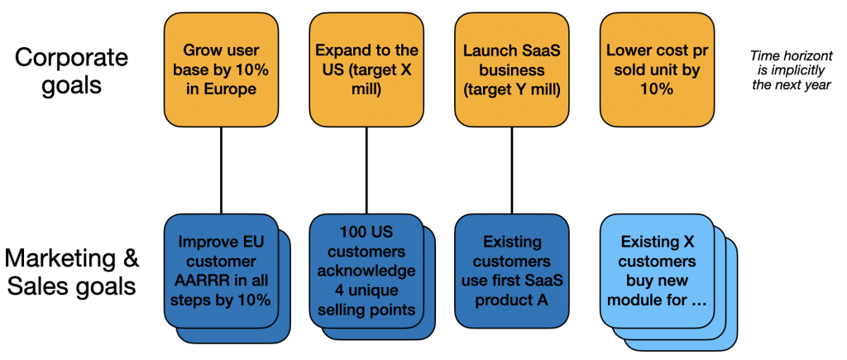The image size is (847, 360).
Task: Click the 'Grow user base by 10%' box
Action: pyautogui.click(x=221, y=70)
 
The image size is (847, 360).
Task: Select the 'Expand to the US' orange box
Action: pyautogui.click(x=366, y=70)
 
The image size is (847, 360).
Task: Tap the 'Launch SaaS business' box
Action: pyautogui.click(x=511, y=70)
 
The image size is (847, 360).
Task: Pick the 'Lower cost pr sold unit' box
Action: pyautogui.click(x=658, y=70)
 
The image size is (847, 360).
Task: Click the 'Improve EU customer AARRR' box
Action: pyautogui.click(x=221, y=271)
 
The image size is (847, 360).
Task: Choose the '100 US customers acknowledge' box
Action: pyautogui.click(x=366, y=271)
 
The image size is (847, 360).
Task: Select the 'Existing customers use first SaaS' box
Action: pyautogui.click(x=511, y=271)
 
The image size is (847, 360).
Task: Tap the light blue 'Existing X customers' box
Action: pyautogui.click(x=658, y=271)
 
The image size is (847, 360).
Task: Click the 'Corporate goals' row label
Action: pyautogui.click(x=72, y=70)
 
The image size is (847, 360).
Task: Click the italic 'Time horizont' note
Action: pyautogui.click(x=791, y=70)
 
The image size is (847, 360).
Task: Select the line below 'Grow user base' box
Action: pyautogui.click(x=221, y=170)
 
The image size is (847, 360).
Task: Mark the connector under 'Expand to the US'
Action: pyautogui.click(x=366, y=170)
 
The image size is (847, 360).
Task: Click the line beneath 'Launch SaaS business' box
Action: pyautogui.click(x=511, y=170)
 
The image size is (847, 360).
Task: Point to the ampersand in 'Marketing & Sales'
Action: pyautogui.click(x=131, y=259)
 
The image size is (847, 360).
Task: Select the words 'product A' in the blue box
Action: pyautogui.click(x=511, y=300)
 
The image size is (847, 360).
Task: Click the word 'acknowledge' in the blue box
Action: pyautogui.click(x=366, y=271)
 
